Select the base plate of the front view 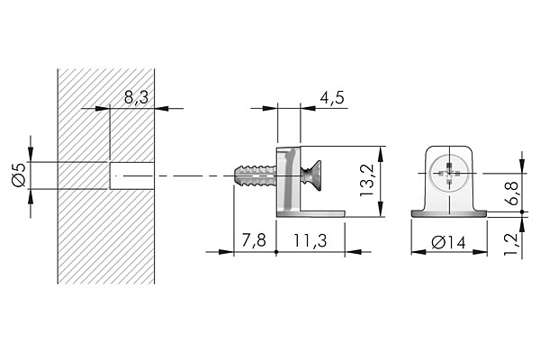pos(448,213)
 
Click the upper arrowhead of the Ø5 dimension pos(31,157)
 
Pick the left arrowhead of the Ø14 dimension pos(416,251)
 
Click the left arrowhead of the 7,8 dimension pos(237,252)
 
